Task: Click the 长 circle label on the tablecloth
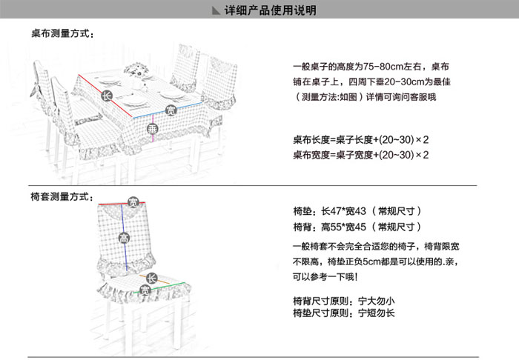click(x=107, y=96)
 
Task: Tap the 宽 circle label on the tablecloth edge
click(x=171, y=110)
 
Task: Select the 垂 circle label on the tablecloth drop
click(x=153, y=129)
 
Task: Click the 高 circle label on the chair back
click(x=124, y=237)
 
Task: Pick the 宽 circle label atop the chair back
click(x=133, y=202)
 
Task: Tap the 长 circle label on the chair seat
click(x=151, y=279)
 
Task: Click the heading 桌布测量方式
click(x=62, y=34)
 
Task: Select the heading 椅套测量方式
click(x=62, y=197)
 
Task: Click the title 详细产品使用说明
click(x=271, y=10)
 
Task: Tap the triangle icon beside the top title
click(x=216, y=10)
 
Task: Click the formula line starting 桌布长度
click(x=361, y=140)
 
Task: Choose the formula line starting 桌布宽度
click(x=361, y=155)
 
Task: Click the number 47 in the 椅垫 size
click(x=336, y=211)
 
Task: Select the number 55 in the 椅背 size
click(x=336, y=227)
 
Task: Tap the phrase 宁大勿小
click(x=377, y=301)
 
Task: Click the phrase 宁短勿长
click(x=377, y=313)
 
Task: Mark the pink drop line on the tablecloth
click(x=153, y=128)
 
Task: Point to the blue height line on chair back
click(x=124, y=238)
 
